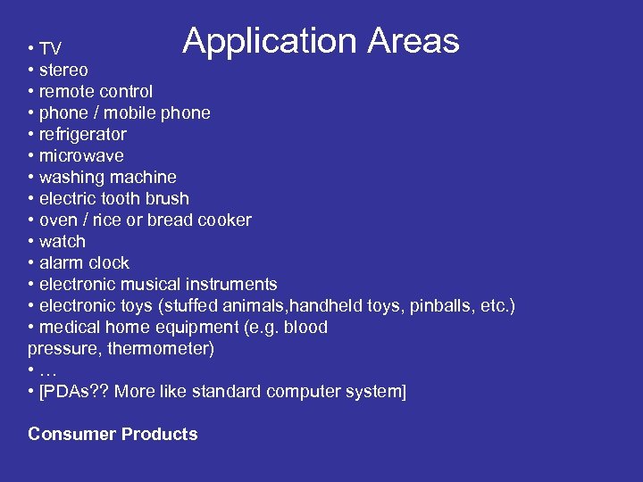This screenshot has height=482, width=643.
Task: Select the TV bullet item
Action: tap(49, 49)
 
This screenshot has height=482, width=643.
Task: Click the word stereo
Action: tap(63, 70)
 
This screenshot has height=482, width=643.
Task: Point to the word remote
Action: tap(68, 91)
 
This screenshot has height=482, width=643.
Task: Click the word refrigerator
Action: tap(83, 134)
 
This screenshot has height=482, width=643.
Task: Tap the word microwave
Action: tap(81, 155)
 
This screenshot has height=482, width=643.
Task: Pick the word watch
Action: tap(63, 241)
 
